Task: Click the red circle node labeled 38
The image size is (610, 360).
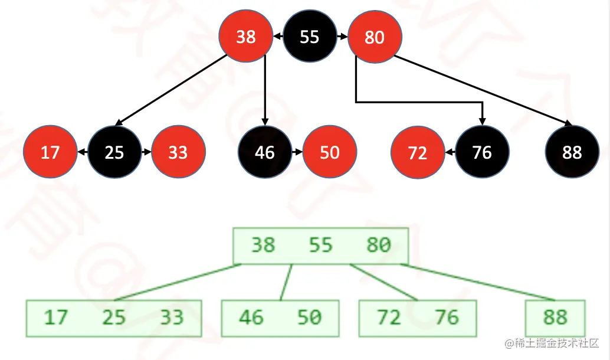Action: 245,37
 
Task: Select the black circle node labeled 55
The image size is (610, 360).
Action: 310,37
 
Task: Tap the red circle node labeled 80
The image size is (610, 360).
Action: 375,37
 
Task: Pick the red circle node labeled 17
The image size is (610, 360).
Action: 50,152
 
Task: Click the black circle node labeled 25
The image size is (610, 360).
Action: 114,152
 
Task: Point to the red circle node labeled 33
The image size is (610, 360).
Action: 178,152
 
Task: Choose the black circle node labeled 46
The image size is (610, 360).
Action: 265,152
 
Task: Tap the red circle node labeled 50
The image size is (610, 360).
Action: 329,152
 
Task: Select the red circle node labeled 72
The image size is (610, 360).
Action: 418,153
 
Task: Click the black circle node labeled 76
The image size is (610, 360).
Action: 482,153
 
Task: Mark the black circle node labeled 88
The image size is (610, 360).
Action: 572,153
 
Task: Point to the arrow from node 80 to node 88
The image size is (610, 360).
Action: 484,91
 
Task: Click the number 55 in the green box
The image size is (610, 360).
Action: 321,245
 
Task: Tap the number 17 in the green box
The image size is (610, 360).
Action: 56,318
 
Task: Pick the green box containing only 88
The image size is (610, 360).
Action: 555,318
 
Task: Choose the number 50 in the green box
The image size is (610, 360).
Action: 309,318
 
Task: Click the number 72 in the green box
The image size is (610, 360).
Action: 389,318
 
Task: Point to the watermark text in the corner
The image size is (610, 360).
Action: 551,343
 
